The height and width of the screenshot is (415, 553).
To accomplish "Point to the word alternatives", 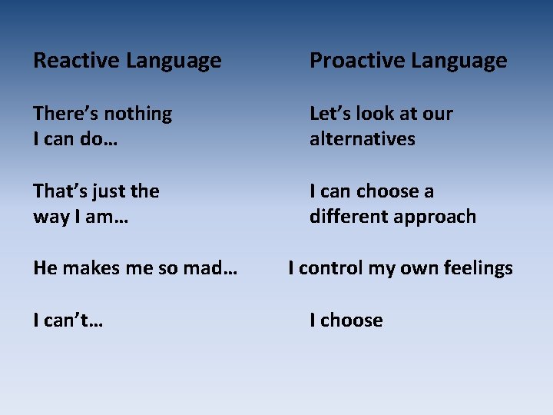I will [x=362, y=139].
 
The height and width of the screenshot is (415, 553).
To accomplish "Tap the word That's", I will [x=58, y=191].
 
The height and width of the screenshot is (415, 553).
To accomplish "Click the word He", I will [x=44, y=268].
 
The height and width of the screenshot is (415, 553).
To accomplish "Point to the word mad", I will [x=213, y=268].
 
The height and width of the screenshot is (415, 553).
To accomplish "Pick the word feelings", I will [x=477, y=269].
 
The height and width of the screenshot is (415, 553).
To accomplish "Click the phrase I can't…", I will [x=68, y=320].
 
